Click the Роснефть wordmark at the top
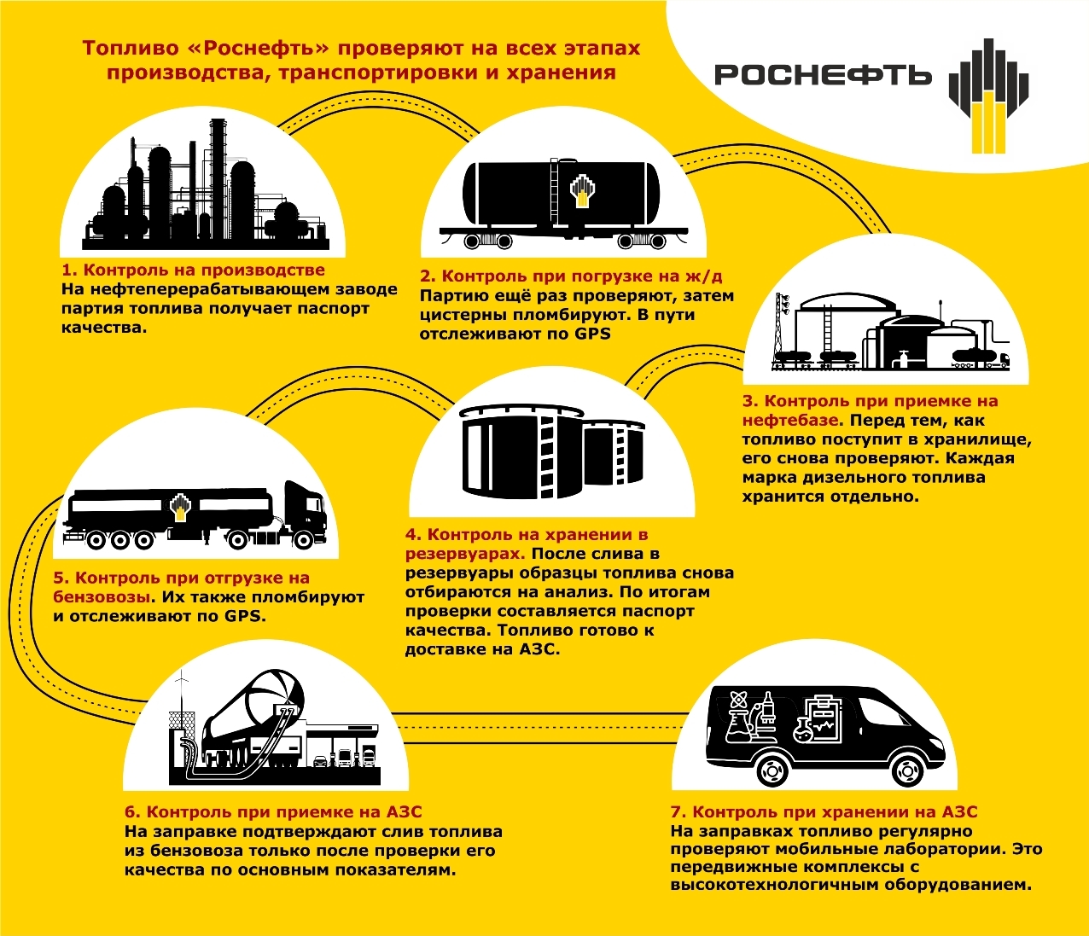[x=822, y=75]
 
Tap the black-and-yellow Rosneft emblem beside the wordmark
[x=988, y=96]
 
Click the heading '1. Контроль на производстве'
[x=193, y=270]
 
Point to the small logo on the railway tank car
[x=582, y=190]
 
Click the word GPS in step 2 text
[x=592, y=334]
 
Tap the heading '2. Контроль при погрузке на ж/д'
[x=571, y=276]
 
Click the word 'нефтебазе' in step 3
[x=789, y=421]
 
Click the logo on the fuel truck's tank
[x=180, y=507]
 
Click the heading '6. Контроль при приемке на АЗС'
[x=273, y=812]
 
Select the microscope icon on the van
[x=766, y=710]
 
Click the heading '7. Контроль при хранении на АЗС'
[x=824, y=812]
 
